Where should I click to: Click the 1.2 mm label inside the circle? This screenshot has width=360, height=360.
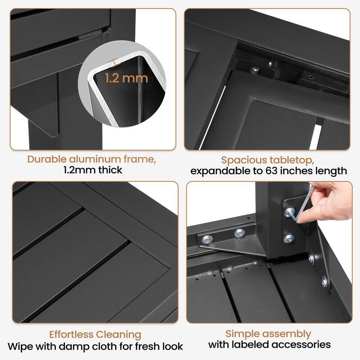click(x=126, y=78)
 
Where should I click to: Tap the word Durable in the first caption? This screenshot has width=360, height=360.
click(x=47, y=159)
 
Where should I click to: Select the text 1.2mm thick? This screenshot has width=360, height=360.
click(x=93, y=170)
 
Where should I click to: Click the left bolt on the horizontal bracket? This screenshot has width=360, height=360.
click(x=207, y=240)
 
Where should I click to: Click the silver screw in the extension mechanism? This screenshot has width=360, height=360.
click(x=255, y=69)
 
